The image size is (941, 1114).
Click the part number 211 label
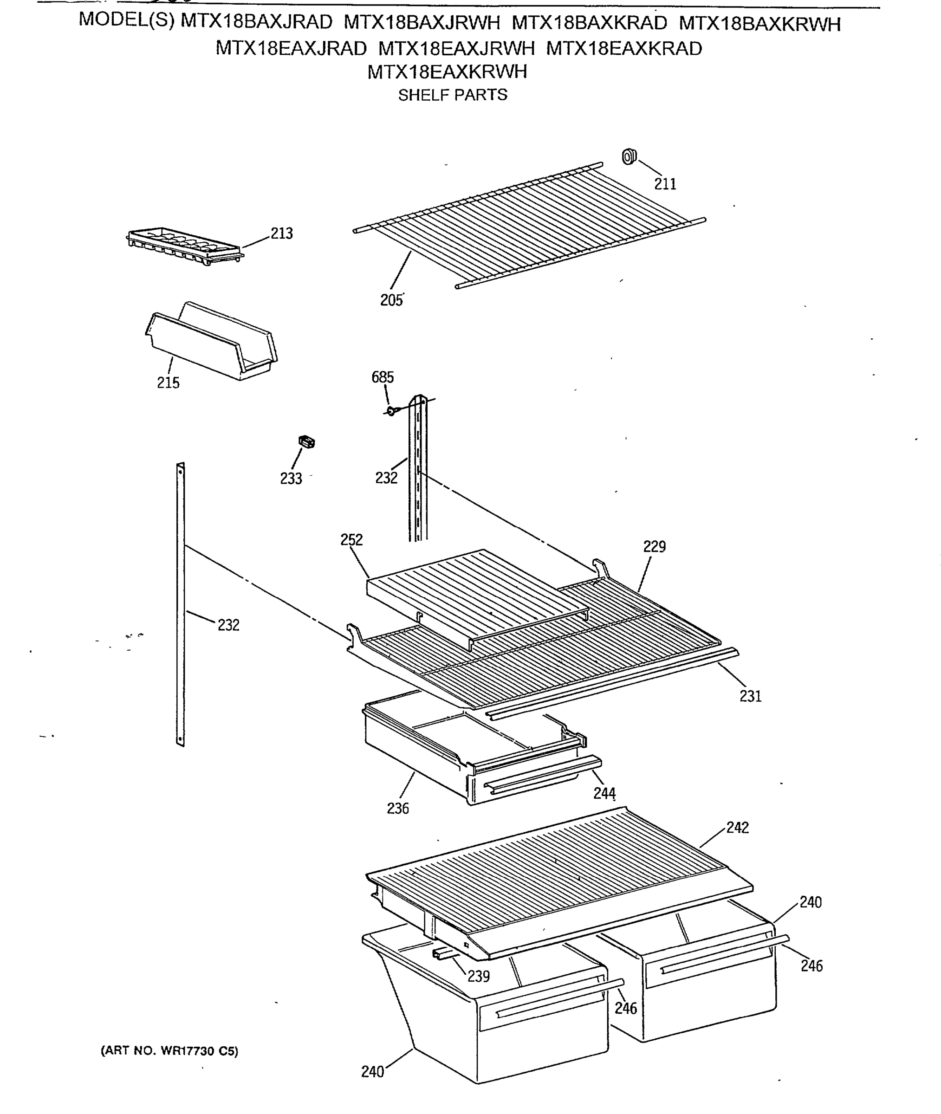click(665, 184)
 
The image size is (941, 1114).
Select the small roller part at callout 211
click(629, 157)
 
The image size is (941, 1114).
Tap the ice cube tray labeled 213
click(185, 247)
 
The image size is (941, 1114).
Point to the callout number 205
click(391, 300)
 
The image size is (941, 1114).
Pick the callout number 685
click(383, 377)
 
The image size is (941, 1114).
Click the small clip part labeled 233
click(306, 442)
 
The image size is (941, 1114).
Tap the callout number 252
click(351, 540)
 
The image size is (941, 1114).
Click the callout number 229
click(654, 547)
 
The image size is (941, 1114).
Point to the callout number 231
click(750, 696)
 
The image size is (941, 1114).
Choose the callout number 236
click(398, 809)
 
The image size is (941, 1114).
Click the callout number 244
click(604, 794)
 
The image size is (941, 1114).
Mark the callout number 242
click(737, 828)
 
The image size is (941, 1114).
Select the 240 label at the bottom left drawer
click(372, 1072)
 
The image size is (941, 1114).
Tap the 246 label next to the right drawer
click(811, 966)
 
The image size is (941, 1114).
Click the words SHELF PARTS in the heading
click(452, 95)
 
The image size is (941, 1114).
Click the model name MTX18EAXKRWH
click(447, 72)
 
